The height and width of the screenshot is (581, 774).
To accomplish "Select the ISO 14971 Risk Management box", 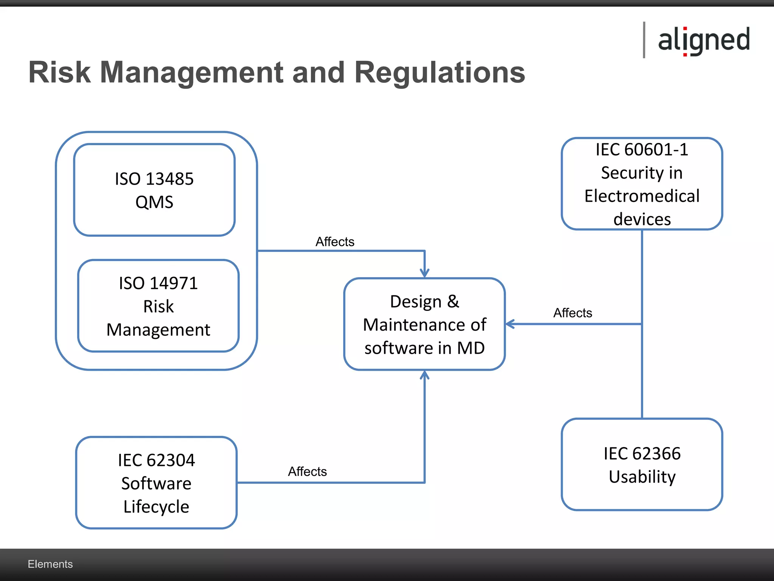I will (158, 306).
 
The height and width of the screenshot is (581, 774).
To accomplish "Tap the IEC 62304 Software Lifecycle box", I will (156, 483).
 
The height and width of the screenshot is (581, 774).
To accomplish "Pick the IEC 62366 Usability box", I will (642, 464).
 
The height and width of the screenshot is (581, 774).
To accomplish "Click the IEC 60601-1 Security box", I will (642, 184).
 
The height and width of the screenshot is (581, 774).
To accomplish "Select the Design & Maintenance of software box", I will (424, 324).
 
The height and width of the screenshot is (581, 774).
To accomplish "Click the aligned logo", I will (703, 40).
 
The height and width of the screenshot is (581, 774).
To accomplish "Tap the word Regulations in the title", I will (440, 72).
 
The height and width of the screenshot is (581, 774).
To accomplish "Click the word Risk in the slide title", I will (60, 72).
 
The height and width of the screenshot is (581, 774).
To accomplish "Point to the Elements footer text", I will (50, 564).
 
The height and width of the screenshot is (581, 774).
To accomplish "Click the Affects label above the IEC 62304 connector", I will (307, 471).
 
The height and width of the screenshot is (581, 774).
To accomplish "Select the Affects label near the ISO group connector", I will (335, 242).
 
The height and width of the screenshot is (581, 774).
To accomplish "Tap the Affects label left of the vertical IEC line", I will (573, 313).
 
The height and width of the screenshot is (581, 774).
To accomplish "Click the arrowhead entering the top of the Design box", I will (424, 273).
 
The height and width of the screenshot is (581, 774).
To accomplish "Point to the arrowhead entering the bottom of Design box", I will (424, 375).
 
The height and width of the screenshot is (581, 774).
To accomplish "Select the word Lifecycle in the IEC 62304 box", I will (156, 506).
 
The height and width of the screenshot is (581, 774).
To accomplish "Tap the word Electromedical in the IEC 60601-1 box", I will (642, 196).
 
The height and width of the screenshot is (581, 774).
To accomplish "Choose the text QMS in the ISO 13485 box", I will (154, 202).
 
